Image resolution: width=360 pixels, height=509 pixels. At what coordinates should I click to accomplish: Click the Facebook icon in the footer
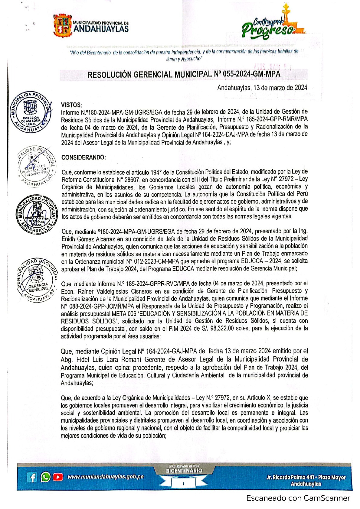32,477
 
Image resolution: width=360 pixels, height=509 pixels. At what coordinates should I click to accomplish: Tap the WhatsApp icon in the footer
46,477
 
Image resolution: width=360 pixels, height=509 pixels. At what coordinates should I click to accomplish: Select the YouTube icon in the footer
58,477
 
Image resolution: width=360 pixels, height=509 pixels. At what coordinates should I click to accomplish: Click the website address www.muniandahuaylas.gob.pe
105,477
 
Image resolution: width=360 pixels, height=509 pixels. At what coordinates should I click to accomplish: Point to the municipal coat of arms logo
62,25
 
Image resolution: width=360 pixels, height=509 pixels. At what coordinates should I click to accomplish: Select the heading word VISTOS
71,105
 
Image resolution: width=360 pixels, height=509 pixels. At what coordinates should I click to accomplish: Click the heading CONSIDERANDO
84,157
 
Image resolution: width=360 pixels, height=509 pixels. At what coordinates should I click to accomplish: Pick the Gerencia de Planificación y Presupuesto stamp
36,166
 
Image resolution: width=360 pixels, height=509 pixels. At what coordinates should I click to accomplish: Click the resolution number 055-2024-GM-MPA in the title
251,74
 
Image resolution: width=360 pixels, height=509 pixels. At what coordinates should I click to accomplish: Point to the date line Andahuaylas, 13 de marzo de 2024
262,88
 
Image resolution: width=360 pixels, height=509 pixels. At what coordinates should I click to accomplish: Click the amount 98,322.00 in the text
222,329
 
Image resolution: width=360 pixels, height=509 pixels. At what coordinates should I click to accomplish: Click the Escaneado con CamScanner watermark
298,498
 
